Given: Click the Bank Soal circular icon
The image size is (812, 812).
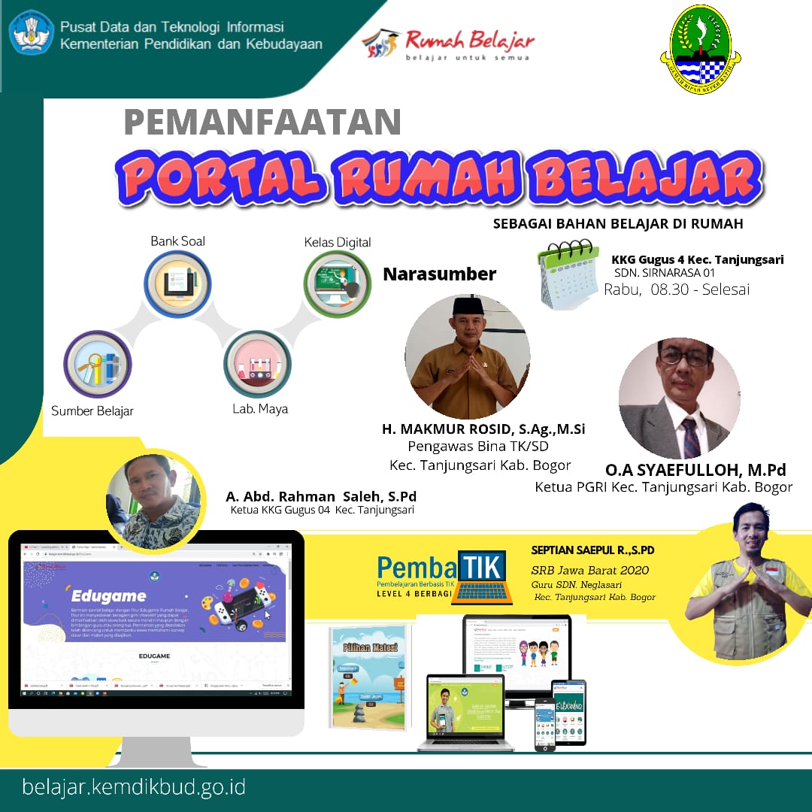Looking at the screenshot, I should click(177, 284).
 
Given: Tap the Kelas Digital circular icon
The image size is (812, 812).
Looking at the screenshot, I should click(338, 284).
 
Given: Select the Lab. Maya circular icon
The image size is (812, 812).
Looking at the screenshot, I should click(257, 364).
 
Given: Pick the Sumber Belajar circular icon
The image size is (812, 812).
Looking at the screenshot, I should click(97, 365).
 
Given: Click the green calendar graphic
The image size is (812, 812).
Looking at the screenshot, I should click(569, 274).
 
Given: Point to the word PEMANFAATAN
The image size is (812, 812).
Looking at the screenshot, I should click(262, 122).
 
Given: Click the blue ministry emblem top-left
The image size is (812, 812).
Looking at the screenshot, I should click(32, 32).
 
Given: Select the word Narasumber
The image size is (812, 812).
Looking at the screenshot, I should click(440, 274).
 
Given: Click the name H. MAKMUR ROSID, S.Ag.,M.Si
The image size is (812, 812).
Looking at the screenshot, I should click(483, 429).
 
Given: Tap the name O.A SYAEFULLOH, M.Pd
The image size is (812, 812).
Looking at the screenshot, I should click(695, 470).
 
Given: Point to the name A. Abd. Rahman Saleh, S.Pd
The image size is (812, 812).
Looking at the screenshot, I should click(321, 497).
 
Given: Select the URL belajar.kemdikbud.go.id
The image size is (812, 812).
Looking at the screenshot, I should click(135, 788).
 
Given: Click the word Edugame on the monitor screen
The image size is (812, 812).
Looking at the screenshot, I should click(105, 595).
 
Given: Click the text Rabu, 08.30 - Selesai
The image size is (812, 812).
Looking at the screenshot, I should click(677, 289).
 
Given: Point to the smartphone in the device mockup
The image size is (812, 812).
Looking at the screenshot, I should click(545, 723).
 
